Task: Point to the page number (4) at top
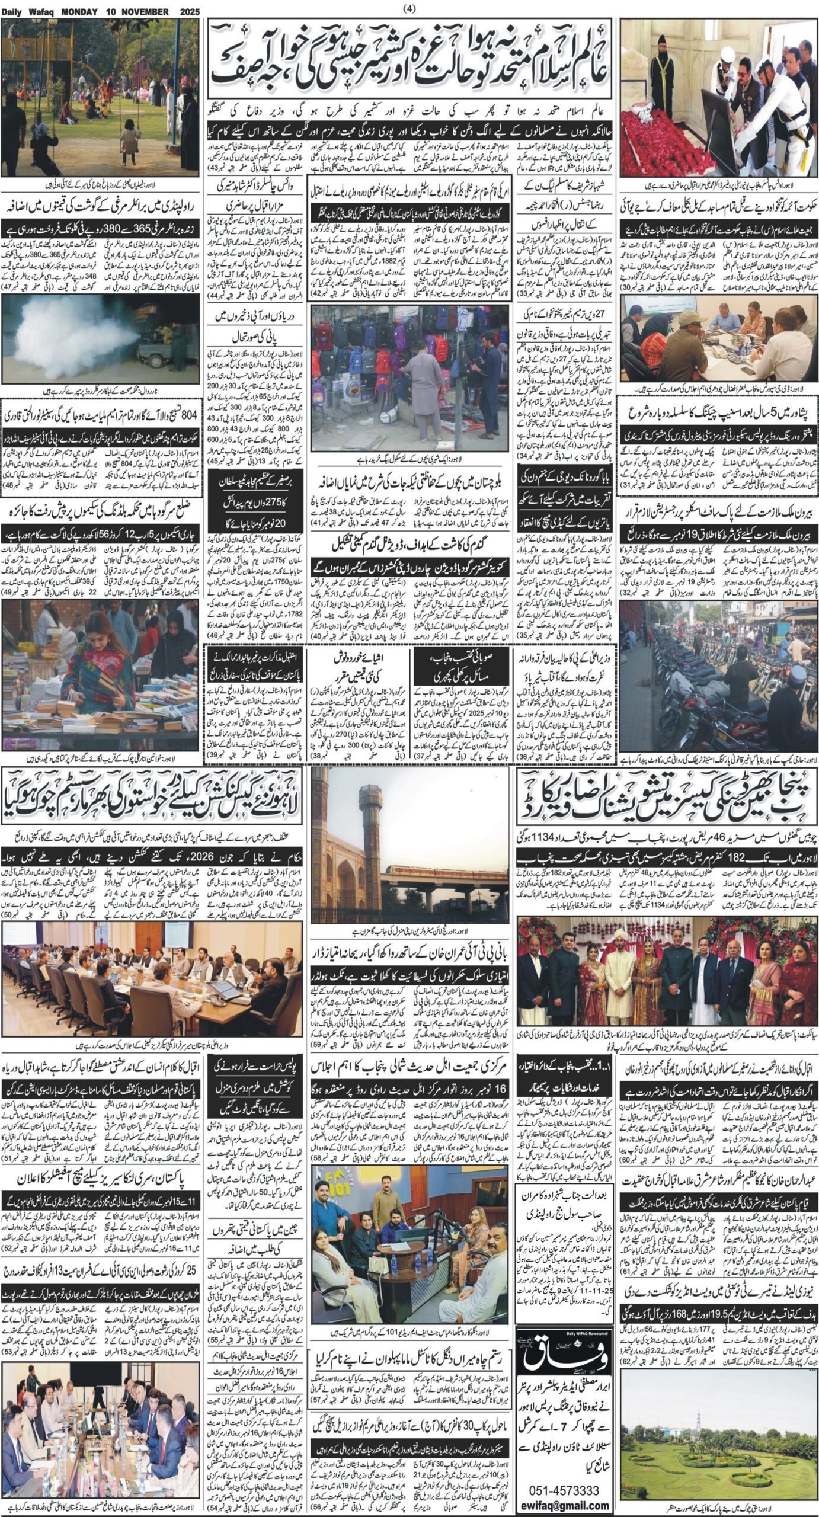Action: coord(409,9)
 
